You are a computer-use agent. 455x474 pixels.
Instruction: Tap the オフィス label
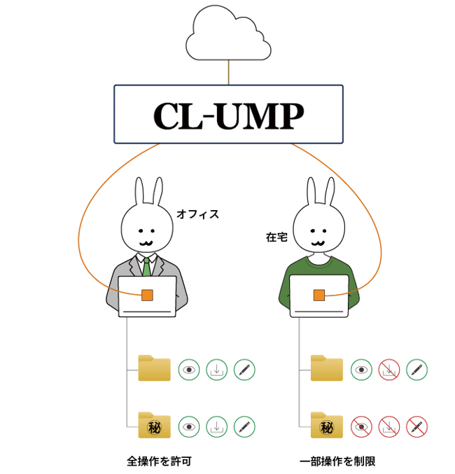pos(198,214)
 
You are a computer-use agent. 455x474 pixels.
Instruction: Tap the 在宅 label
pos(276,237)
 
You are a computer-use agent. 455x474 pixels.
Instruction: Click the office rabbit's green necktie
pos(147,265)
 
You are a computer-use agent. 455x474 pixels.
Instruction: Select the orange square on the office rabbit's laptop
pos(147,295)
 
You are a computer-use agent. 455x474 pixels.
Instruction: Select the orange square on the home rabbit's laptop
pos(318,295)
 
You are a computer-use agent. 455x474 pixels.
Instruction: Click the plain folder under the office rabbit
pos(155,368)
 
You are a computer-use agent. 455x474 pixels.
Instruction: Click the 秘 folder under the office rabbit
pos(155,425)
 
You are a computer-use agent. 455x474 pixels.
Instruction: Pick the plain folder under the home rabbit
pos(327,368)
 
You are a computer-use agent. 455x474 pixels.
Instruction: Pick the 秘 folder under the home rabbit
pos(327,425)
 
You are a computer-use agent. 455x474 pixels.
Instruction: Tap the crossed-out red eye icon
pos(361,426)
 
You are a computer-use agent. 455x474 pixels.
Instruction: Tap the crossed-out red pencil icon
pos(416,426)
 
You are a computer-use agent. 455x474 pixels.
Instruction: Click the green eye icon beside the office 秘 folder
pos(189,426)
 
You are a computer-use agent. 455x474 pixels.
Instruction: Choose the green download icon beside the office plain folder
pos(217,369)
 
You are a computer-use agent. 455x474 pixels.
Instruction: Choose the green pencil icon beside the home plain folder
pos(416,369)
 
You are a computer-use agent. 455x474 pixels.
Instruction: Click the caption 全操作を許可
pos(158,461)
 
